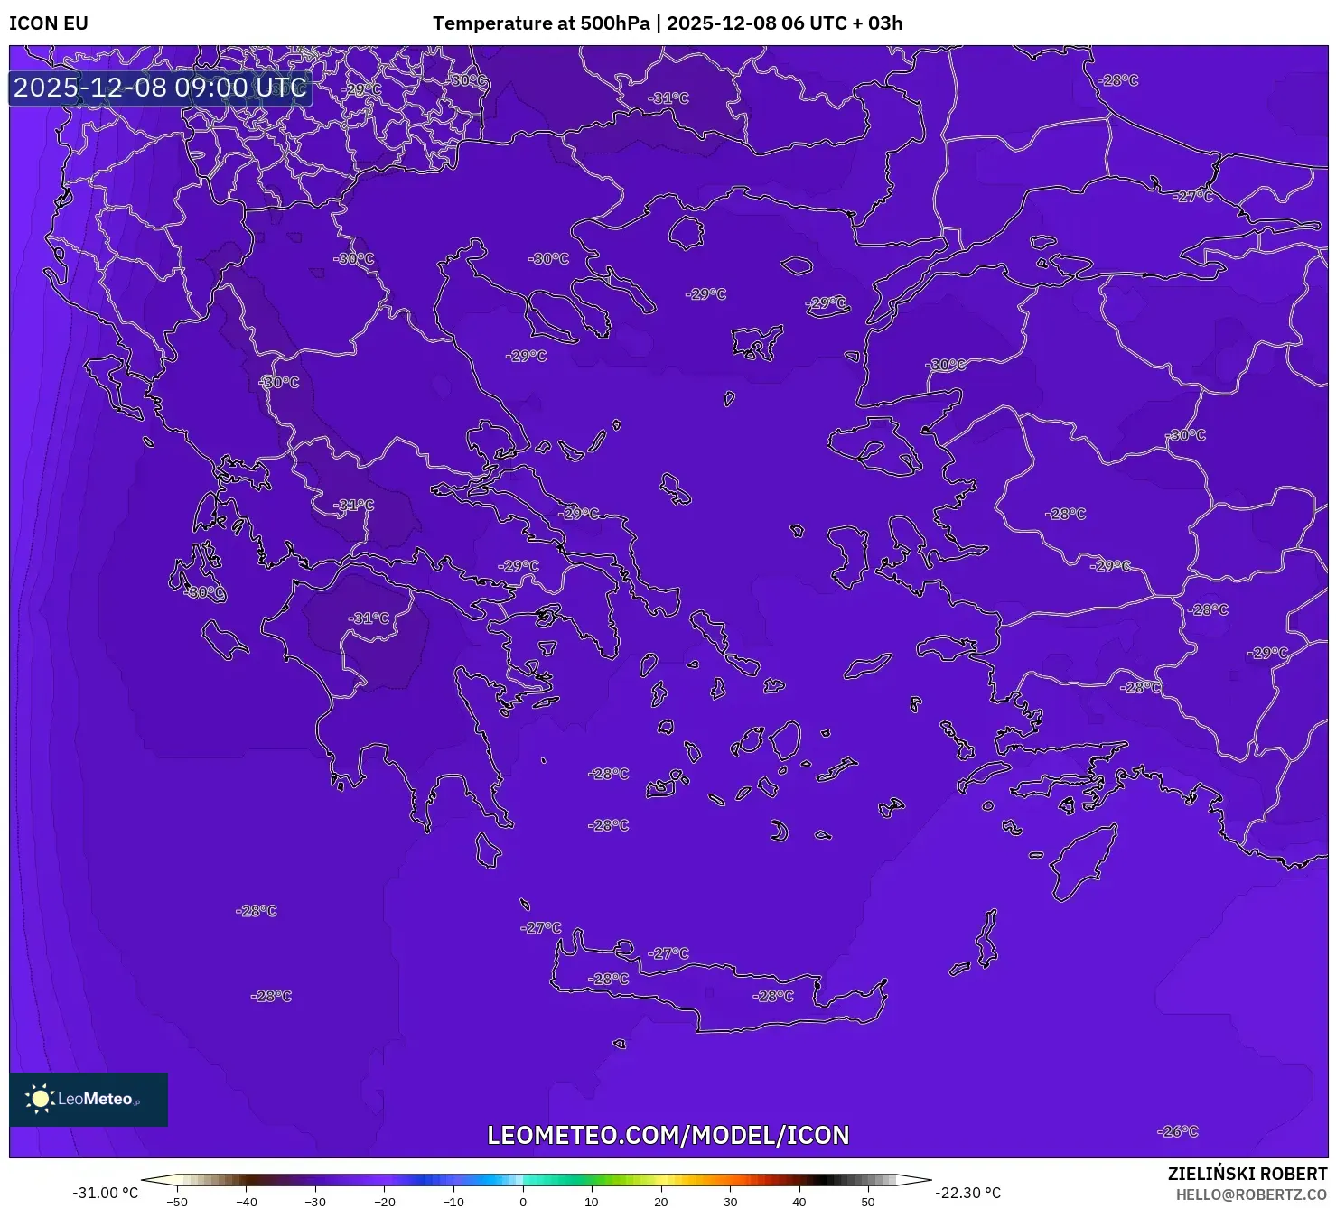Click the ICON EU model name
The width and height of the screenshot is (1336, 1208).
49,23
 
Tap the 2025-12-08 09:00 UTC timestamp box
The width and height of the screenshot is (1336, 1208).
160,88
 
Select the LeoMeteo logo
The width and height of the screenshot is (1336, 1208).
89,1099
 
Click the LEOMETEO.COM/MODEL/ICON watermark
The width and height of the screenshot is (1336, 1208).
668,1135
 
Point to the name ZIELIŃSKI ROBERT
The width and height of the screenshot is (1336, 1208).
1247,1174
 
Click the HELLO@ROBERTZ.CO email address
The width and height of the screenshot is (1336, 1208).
1251,1194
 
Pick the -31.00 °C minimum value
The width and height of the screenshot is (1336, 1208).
105,1193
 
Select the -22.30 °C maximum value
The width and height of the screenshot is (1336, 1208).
967,1193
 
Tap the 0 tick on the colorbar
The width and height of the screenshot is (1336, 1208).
523,1202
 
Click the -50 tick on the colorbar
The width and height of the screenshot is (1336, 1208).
177,1202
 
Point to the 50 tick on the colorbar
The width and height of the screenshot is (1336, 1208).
868,1202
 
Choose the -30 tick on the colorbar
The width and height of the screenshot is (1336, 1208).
315,1202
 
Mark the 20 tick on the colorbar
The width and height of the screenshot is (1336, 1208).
661,1202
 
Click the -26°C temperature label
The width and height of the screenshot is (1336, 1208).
1178,1131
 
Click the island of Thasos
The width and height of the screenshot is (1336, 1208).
686,232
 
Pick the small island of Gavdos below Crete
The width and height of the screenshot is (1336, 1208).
620,1044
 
